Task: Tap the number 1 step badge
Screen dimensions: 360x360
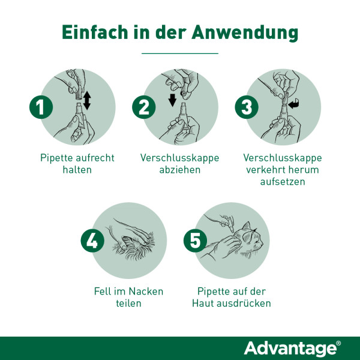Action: point(40,108)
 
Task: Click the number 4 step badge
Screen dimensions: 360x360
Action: point(92,241)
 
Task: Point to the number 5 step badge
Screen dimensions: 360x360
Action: point(194,241)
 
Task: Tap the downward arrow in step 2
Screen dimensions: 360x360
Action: point(173,98)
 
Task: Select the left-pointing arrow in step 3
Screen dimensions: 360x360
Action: point(294,106)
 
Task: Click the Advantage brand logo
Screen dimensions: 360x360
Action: point(292,348)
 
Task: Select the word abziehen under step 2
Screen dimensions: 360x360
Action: point(179,170)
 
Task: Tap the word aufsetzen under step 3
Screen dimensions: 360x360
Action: point(283,181)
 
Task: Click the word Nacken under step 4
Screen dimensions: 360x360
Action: point(143,291)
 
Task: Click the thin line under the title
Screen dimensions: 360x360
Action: point(179,53)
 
